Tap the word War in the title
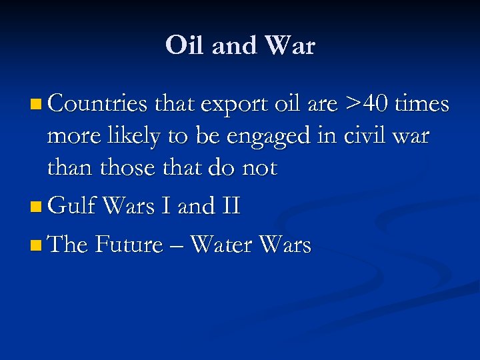289,46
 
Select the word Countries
97,105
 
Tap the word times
422,105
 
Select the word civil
367,136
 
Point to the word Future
129,245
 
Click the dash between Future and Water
176,246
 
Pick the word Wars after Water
285,245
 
